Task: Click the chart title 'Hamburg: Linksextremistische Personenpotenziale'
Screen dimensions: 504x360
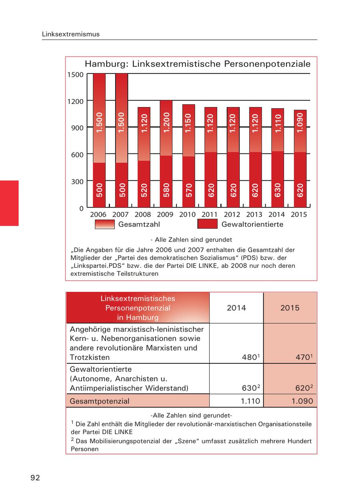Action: point(198,64)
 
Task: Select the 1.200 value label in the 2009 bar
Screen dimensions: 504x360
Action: point(167,123)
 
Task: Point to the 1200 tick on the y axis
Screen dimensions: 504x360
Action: point(76,101)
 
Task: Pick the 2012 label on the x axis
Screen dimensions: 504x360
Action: point(232,215)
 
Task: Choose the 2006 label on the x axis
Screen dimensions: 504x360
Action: point(98,215)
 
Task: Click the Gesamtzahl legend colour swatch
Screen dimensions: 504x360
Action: point(105,224)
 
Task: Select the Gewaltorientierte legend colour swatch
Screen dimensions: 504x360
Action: point(207,224)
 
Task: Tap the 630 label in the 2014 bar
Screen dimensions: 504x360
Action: point(278,190)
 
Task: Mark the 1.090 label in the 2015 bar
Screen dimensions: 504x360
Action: point(300,123)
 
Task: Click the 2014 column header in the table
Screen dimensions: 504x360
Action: point(236,308)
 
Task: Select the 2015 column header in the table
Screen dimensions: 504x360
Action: point(290,308)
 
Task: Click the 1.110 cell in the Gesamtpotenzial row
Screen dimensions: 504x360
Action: point(251,401)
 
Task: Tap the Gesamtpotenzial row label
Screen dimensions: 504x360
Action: point(100,401)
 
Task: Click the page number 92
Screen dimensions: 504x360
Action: point(35,478)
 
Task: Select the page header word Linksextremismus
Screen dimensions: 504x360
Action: point(71,34)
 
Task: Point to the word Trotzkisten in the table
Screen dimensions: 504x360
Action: point(90,357)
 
